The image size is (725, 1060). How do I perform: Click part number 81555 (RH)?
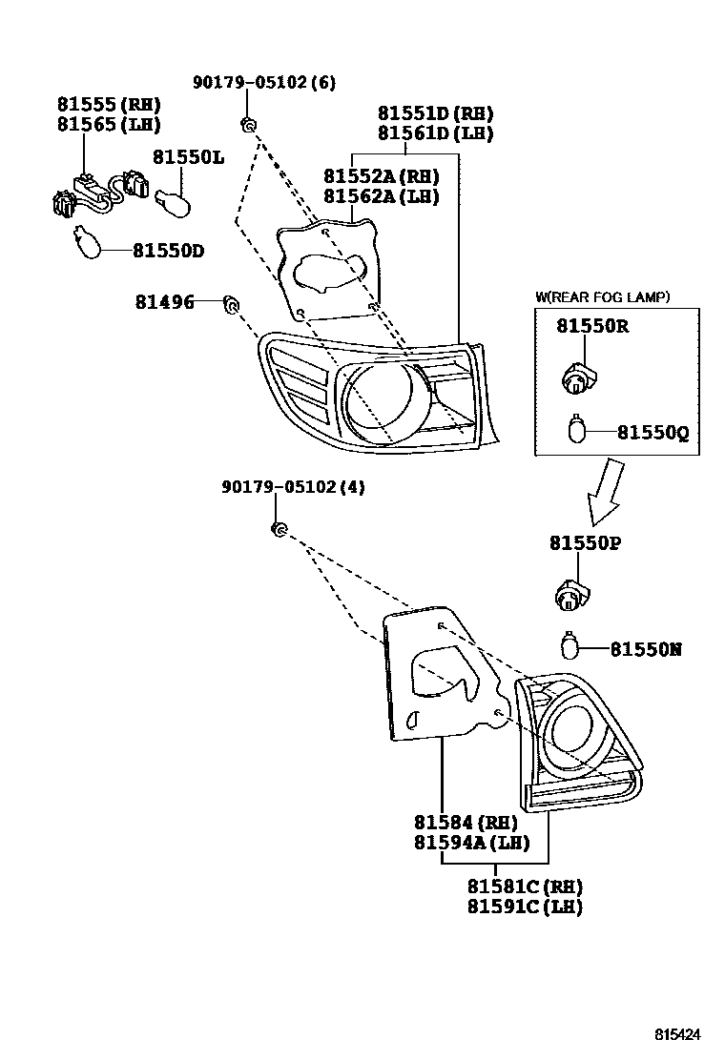[108, 105]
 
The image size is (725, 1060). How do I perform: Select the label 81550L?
[189, 156]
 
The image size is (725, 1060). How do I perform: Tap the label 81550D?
[168, 251]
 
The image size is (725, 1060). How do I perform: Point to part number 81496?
[164, 303]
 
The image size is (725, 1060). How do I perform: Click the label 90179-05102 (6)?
[264, 83]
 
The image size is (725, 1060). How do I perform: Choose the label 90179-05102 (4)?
[293, 487]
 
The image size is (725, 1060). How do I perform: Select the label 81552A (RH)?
[381, 176]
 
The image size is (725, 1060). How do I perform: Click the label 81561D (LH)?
[435, 133]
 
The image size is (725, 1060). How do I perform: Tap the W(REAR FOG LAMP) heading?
[602, 297]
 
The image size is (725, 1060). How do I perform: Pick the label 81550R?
[592, 326]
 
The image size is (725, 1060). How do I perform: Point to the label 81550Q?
[652, 433]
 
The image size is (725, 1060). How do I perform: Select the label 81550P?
[585, 542]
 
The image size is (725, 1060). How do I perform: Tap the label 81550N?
[646, 650]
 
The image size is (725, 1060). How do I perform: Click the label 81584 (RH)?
[466, 823]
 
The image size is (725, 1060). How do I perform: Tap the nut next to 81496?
[230, 304]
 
